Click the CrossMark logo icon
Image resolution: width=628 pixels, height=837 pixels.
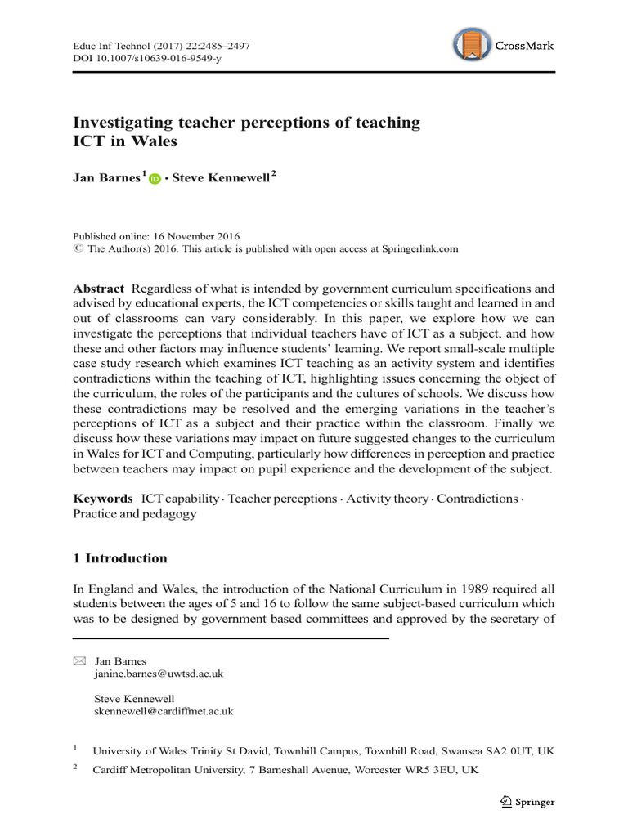472,45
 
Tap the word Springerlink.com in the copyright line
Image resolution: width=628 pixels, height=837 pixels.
412,248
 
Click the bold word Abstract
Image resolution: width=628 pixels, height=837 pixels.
98,289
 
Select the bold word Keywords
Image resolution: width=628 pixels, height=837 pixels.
103,498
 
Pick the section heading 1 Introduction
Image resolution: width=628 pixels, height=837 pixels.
120,558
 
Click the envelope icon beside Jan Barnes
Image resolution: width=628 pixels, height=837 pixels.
79,660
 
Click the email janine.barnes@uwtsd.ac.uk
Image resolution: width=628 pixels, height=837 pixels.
159,674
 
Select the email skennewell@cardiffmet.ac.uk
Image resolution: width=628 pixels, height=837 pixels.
164,711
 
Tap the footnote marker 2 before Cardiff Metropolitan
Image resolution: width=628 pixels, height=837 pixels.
75,768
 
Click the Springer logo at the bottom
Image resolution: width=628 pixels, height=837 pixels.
527,802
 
